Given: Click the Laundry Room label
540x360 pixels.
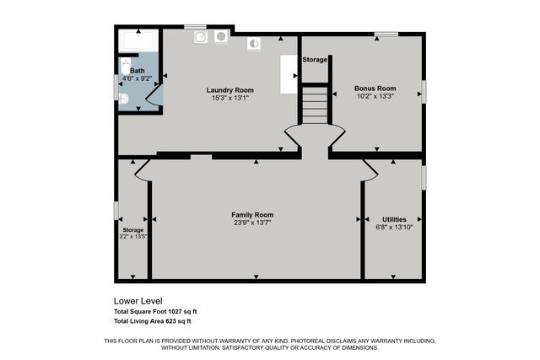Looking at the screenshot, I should coord(229,90).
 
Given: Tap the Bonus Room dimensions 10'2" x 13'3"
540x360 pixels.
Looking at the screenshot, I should coord(375,96).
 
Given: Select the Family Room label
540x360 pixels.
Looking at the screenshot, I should coord(252,215).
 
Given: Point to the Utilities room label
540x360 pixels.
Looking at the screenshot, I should coord(394,219).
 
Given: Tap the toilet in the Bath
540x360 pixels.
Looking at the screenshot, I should coord(125,67).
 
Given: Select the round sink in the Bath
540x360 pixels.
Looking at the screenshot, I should coord(123,99).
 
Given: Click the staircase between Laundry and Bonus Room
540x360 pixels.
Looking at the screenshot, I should coord(314,105).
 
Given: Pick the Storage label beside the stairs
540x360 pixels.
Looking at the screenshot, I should coord(315,60).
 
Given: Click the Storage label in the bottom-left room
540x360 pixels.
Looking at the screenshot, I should coord(132,229).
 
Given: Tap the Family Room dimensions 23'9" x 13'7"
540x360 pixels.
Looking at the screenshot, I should coord(252,223).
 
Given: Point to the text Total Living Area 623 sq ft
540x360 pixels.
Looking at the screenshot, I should coord(153,321).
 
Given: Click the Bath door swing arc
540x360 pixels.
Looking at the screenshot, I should coord(152,97).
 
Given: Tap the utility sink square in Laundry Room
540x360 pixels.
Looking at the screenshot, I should coord(202,37).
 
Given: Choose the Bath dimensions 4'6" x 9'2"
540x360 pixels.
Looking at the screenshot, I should coord(138,78).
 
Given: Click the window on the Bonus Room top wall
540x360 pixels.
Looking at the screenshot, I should coord(386,34).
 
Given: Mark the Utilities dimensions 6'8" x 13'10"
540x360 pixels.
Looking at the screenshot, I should coord(394,227).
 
